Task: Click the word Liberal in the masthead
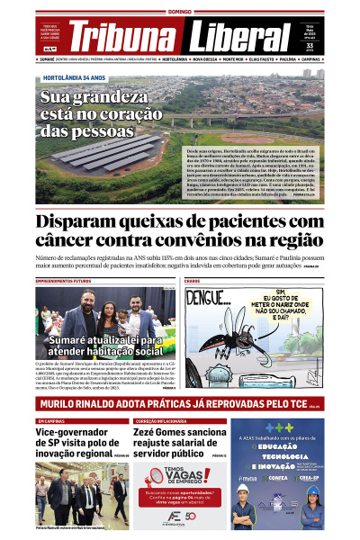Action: pyautogui.click(x=240, y=38)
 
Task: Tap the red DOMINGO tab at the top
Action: pyautogui.click(x=180, y=12)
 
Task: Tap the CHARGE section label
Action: pyautogui.click(x=192, y=281)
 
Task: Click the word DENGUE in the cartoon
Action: pyautogui.click(x=209, y=297)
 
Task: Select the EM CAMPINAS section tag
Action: pyautogui.click(x=50, y=421)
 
